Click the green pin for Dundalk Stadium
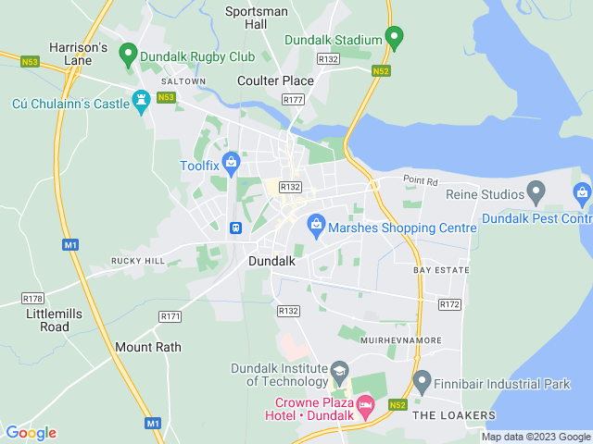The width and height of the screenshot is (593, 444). (395, 39)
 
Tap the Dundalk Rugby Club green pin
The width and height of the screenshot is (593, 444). (129, 55)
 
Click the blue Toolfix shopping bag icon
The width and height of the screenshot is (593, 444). (232, 164)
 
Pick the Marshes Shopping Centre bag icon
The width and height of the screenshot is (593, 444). (317, 224)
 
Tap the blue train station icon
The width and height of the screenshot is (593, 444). (236, 227)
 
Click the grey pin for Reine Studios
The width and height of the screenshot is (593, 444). (535, 191)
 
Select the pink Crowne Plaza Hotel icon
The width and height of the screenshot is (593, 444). (366, 405)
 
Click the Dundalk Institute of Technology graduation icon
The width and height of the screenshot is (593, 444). (339, 370)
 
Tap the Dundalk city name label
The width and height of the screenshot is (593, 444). (271, 262)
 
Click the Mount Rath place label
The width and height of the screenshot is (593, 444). (148, 347)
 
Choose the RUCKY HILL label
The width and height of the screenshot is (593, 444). (138, 261)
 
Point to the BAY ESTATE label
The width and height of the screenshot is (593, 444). (441, 270)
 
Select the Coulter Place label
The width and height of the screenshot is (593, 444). (275, 80)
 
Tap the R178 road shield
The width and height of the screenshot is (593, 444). (33, 299)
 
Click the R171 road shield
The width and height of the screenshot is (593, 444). (170, 315)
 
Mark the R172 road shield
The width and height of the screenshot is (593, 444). (450, 303)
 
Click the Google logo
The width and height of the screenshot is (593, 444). (31, 432)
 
